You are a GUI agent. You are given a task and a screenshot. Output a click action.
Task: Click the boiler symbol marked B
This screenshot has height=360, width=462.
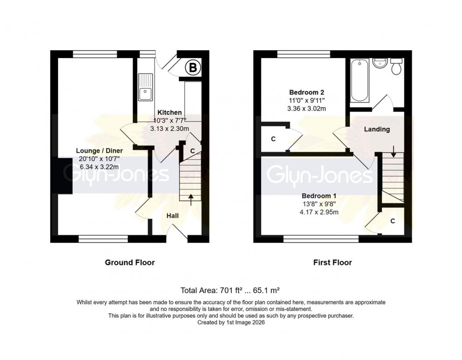click(x=193, y=68)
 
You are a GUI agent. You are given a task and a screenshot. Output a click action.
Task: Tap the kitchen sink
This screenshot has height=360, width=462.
click(x=146, y=88)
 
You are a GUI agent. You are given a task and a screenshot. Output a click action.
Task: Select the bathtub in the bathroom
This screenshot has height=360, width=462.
click(x=359, y=81)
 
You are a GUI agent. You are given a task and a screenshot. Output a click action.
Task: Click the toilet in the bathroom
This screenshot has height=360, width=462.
click(x=396, y=67)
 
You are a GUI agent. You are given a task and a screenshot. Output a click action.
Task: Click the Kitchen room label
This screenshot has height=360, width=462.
click(x=169, y=112)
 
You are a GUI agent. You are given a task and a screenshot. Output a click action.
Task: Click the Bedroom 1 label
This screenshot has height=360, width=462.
click(x=319, y=195)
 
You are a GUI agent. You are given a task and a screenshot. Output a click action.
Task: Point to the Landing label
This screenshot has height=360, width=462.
click(x=377, y=129)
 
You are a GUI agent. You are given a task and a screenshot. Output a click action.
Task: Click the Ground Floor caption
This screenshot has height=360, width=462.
click(x=130, y=262)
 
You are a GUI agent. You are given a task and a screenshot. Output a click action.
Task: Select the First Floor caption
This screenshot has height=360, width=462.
click(x=332, y=262)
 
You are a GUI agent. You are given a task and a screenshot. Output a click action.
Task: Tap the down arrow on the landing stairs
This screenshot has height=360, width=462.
click(x=393, y=151)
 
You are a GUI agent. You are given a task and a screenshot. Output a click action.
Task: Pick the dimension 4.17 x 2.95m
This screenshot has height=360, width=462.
click(x=319, y=212)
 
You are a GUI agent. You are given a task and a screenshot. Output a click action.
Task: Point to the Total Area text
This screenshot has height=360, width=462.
click(x=231, y=290)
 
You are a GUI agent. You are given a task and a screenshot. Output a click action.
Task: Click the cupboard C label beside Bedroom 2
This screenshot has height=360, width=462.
click(x=273, y=139)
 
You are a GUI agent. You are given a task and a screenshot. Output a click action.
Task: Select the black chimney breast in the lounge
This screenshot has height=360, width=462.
click(x=62, y=176)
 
